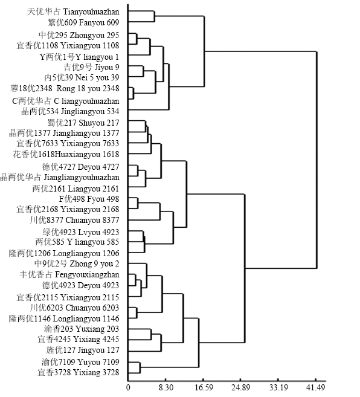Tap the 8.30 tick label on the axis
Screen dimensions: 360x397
pos(166,387)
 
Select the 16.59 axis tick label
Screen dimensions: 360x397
pos(204,387)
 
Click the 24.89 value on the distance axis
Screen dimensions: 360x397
pos(241,387)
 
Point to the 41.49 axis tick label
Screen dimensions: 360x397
pos(316,387)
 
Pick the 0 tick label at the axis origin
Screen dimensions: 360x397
pos(128,387)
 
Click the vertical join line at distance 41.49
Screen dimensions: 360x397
pos(317,160)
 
